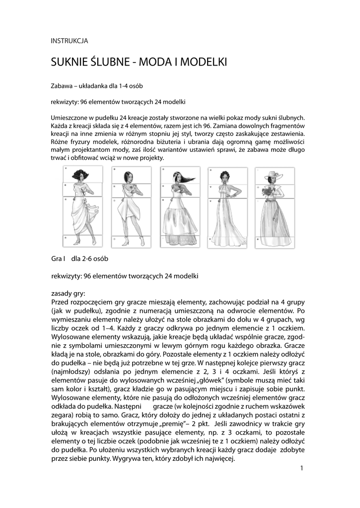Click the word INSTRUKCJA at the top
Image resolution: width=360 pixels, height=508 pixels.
coord(70,41)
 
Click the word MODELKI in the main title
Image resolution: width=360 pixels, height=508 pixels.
coord(203,63)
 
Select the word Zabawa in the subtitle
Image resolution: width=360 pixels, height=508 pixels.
coord(62,86)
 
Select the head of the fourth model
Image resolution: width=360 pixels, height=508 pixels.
coord(227,177)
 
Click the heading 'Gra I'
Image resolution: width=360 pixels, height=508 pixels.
coord(59,259)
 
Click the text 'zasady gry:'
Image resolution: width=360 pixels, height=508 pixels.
coord(69,293)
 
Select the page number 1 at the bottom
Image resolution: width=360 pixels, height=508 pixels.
coord(302,468)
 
